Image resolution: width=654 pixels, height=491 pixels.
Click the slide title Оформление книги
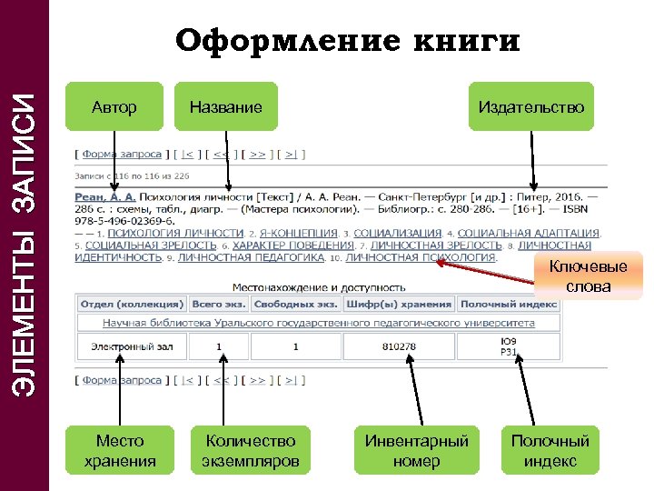348,41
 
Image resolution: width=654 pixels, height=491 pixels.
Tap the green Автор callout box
114,107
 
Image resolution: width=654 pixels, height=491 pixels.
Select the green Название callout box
225,107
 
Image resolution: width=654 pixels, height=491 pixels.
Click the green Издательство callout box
531,107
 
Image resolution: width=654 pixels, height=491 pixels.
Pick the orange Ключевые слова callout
588,276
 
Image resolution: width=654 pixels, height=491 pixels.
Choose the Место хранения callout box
120,451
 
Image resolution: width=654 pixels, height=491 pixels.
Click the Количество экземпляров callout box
251,451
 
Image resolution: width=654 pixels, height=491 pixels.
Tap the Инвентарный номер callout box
416,451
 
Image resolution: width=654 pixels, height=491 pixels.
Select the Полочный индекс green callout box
550,451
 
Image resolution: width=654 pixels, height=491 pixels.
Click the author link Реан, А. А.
106,195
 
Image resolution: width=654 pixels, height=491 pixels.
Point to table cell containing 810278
399,346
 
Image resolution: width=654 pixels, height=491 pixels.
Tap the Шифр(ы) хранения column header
399,305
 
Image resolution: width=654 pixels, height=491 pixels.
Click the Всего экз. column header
219,305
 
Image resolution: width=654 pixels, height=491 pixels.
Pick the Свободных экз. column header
295,305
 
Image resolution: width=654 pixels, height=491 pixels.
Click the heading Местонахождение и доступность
316,286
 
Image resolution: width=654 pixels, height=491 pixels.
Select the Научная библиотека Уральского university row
318,323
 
